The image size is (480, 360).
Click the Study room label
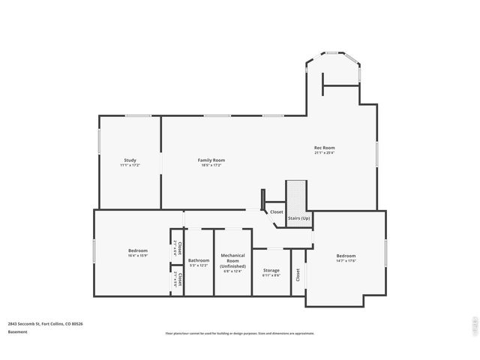[x=130, y=160]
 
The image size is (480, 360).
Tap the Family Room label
[x=211, y=160]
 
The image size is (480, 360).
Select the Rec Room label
[x=324, y=148]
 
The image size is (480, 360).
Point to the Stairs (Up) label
[x=299, y=217]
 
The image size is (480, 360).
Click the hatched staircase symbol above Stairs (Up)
[x=297, y=196]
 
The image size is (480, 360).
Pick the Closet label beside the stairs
[x=277, y=212]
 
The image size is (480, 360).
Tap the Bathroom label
[x=199, y=260]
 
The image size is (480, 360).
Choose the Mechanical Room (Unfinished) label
[x=232, y=261]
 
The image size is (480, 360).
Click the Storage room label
[x=271, y=271]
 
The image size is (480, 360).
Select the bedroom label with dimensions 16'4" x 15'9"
[x=137, y=250]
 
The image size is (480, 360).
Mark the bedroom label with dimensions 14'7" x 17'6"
[x=346, y=256]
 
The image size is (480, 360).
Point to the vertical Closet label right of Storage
[x=298, y=276]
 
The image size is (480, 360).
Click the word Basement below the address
[x=18, y=331]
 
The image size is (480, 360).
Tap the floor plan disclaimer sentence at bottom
[x=239, y=333]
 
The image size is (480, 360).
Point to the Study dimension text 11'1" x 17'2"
[x=130, y=165]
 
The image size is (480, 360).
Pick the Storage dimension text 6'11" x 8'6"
[x=271, y=276]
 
